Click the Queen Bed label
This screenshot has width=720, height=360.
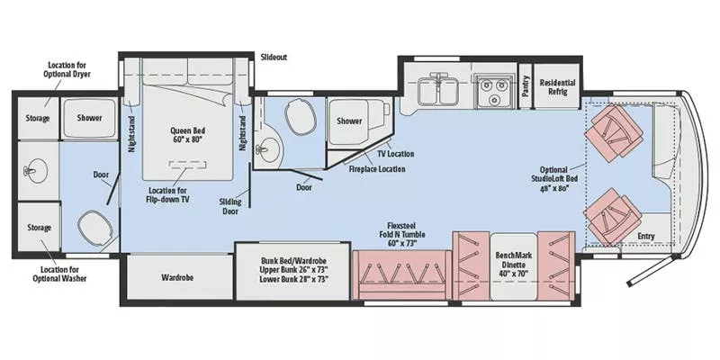point(188,134)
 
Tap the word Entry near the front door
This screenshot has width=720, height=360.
point(646,238)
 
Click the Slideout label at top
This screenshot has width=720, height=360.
point(274,56)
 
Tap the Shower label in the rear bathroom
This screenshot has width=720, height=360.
point(88,118)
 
